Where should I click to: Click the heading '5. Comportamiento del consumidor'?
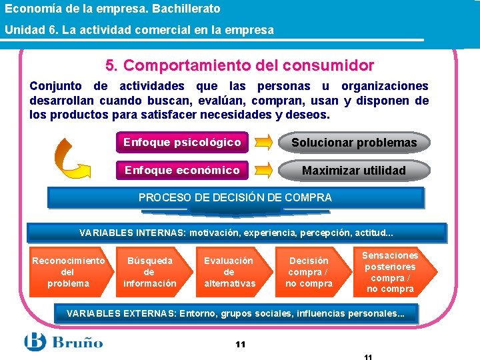click(x=239, y=66)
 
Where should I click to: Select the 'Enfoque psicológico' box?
click(x=182, y=142)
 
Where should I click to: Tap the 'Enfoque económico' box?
click(x=182, y=170)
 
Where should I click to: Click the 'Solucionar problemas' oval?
click(x=354, y=143)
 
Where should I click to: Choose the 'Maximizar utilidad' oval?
click(x=354, y=171)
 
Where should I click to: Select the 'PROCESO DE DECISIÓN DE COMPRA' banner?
click(x=235, y=197)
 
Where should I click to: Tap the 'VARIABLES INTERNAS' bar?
click(x=236, y=233)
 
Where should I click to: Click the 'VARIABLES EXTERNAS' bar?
click(x=236, y=313)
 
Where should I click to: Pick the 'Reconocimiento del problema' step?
click(x=69, y=272)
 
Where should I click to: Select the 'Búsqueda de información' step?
click(x=150, y=272)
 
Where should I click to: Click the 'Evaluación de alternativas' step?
click(x=229, y=272)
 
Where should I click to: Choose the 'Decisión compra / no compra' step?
click(x=309, y=272)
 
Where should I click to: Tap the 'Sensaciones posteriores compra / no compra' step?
click(x=392, y=272)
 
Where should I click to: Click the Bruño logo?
click(x=64, y=342)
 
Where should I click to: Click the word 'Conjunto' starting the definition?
click(x=56, y=86)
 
